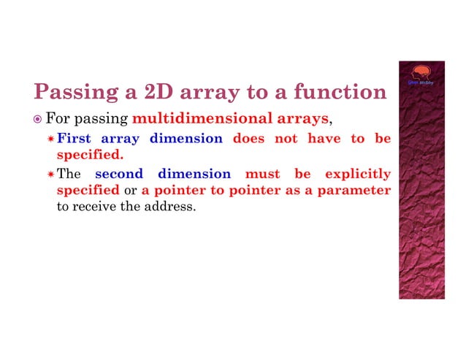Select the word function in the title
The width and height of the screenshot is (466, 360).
click(340, 92)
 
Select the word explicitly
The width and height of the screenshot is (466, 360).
click(357, 174)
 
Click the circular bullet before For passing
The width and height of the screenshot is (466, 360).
click(38, 118)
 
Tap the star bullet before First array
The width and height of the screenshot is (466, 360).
click(50, 138)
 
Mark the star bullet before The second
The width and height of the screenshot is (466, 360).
click(50, 175)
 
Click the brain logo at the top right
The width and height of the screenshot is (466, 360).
click(421, 74)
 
